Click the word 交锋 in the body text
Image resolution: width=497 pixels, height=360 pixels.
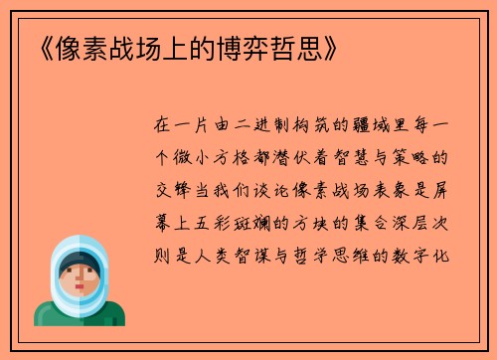(x=166, y=190)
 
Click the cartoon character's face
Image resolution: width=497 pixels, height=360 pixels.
(x=80, y=277)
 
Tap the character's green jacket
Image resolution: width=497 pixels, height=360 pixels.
(x=80, y=315)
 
